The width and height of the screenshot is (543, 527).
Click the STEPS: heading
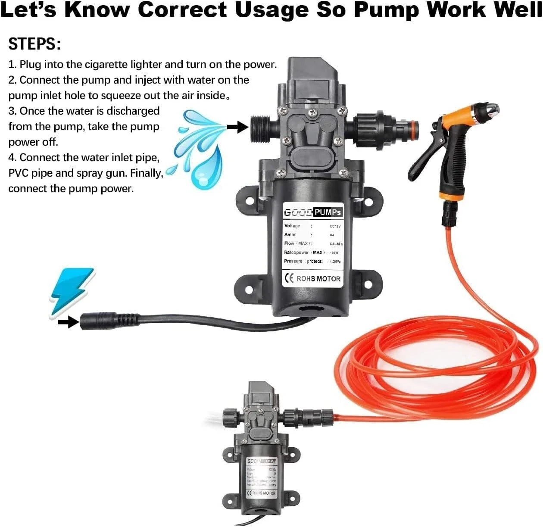tap(34, 44)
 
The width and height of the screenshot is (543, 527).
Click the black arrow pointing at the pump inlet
tap(237, 126)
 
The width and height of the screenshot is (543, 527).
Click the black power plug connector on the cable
tap(108, 321)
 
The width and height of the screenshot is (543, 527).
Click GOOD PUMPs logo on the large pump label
tap(313, 212)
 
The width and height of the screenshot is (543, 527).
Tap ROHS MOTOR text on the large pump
tap(318, 279)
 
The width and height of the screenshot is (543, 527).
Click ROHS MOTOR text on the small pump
tap(263, 493)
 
